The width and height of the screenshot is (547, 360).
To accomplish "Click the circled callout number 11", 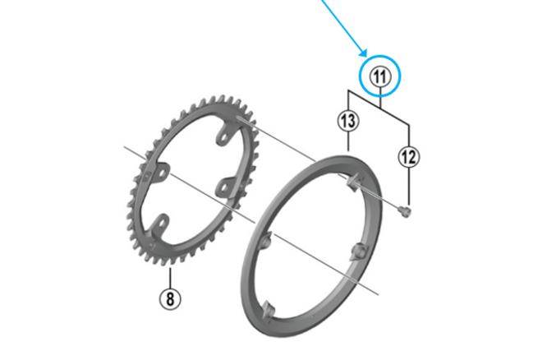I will pyautogui.click(x=379, y=77).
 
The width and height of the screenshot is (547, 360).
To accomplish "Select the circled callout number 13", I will pyautogui.click(x=348, y=122).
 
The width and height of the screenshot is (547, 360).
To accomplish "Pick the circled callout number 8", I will pyautogui.click(x=171, y=298).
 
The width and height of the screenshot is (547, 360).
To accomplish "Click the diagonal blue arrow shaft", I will pyautogui.click(x=337, y=25).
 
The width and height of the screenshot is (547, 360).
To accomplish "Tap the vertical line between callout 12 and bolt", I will pyautogui.click(x=408, y=185).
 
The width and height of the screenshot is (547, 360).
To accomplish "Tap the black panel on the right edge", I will pyautogui.click(x=493, y=180).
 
